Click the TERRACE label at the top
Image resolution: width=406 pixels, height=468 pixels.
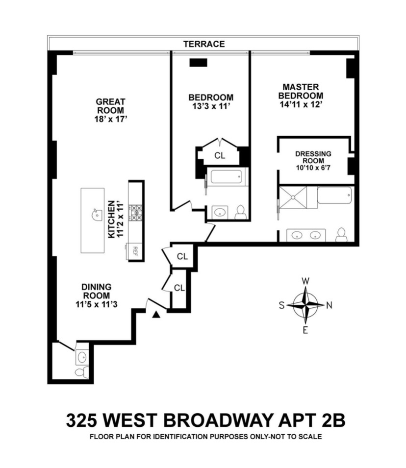pyautogui.click(x=204, y=44)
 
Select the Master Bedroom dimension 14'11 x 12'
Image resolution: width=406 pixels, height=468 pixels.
pyautogui.click(x=301, y=105)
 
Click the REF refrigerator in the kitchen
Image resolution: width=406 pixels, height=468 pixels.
pyautogui.click(x=135, y=251)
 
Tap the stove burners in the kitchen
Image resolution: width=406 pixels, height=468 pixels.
pyautogui.click(x=135, y=212)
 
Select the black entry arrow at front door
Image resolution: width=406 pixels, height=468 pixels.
pyautogui.click(x=156, y=315)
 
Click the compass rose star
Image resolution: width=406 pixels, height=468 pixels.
pyautogui.click(x=305, y=305)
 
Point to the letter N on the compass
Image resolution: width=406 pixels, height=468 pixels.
pyautogui.click(x=329, y=305)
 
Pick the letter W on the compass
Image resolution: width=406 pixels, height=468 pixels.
pyautogui.click(x=305, y=281)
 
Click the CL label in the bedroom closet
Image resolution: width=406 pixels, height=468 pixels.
pyautogui.click(x=220, y=156)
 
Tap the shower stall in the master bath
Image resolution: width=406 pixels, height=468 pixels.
pyautogui.click(x=293, y=197)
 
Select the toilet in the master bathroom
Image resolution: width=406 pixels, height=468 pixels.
pyautogui.click(x=341, y=235)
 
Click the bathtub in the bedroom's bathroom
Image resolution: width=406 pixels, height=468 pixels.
pyautogui.click(x=224, y=177)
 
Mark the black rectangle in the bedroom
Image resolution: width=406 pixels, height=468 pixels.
pyautogui.click(x=199, y=62)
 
